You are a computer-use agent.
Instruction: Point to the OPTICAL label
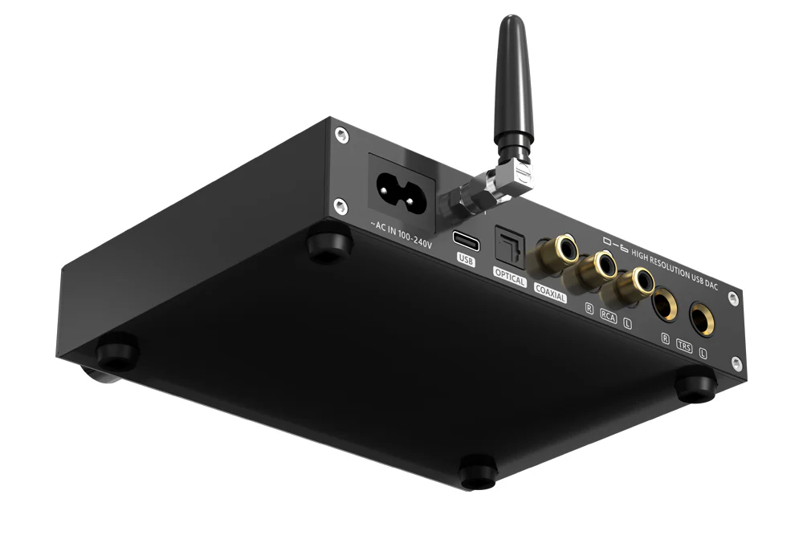click(509, 281)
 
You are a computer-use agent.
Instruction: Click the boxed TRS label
click(683, 347)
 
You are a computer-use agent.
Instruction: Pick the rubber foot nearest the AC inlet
click(328, 244)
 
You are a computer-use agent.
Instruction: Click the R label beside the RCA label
click(589, 307)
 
